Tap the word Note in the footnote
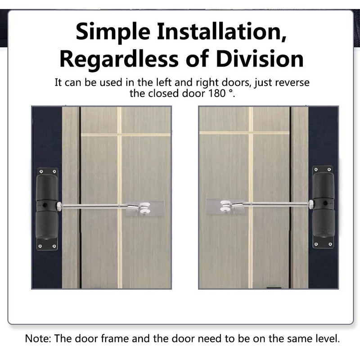coord(37,338)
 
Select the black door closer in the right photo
coord(323,207)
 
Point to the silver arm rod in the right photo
coord(274,204)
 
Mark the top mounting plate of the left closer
coord(47,172)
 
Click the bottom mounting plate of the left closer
coord(47,245)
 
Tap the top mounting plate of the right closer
coord(323,170)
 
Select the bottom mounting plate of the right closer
coord(323,243)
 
